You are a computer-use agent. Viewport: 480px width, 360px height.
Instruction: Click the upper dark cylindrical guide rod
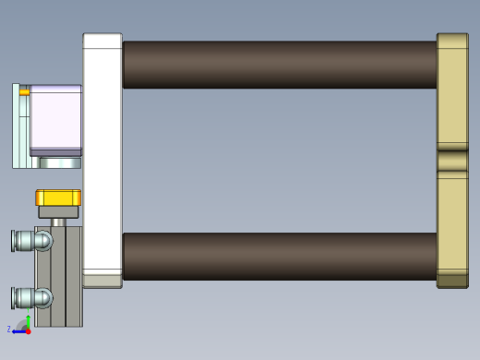[x=277, y=65]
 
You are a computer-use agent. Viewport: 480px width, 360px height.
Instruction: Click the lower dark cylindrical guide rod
[x=277, y=256]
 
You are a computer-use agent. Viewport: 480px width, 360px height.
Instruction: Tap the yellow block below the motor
[x=58, y=197]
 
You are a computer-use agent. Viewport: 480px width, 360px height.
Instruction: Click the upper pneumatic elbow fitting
[x=31, y=241]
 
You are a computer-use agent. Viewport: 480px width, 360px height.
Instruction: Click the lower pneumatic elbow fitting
[x=31, y=297]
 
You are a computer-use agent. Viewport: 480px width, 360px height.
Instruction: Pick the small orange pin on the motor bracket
[x=24, y=91]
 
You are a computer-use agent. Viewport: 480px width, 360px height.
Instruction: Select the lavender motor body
[x=55, y=115]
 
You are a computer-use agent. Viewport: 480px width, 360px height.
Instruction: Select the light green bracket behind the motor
[x=20, y=129]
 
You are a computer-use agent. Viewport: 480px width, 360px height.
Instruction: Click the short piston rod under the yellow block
[x=58, y=222]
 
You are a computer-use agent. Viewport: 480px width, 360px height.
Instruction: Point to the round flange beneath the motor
[x=60, y=162]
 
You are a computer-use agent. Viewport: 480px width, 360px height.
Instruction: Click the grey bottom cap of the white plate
[x=102, y=280]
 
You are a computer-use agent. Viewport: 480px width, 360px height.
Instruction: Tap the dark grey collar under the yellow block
[x=58, y=211]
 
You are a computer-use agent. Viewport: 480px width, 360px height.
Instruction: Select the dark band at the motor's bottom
[x=55, y=151]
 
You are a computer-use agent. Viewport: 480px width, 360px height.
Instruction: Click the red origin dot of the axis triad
[x=28, y=330]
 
